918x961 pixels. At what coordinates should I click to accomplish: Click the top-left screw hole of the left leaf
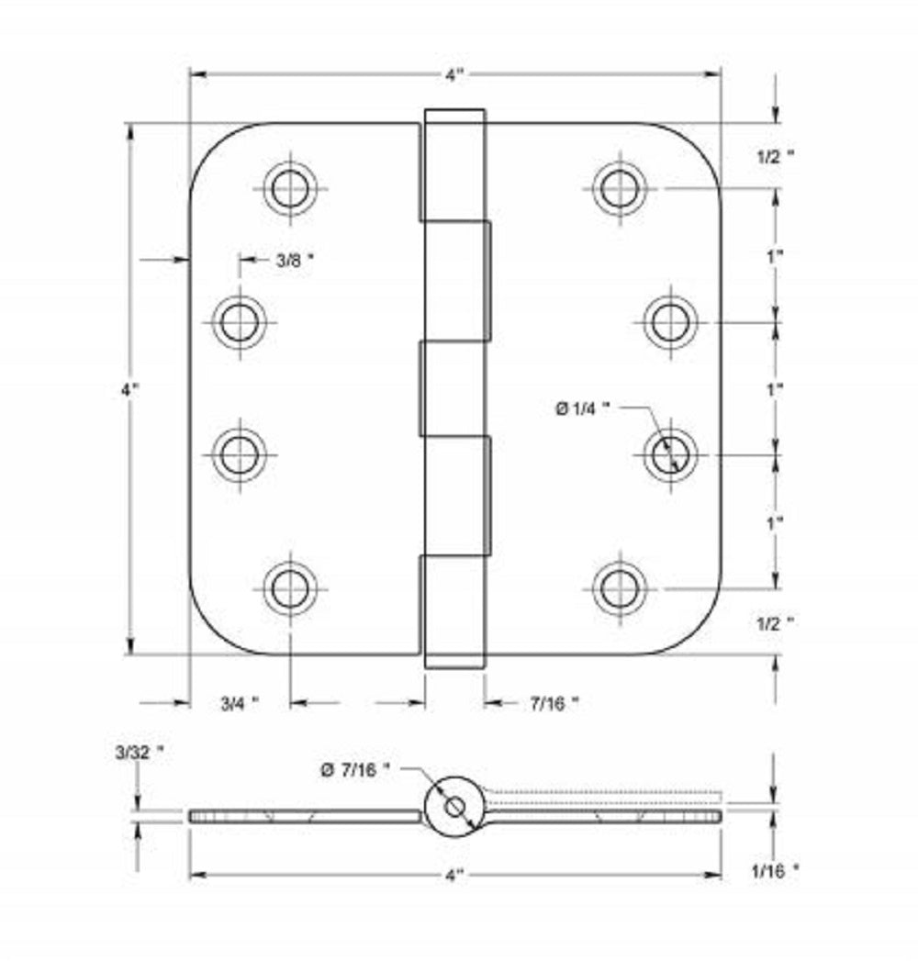[x=290, y=189]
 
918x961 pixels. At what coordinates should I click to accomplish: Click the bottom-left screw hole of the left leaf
[x=290, y=587]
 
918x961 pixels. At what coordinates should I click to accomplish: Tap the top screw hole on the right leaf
[x=619, y=188]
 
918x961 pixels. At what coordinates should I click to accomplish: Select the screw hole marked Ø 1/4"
[x=670, y=453]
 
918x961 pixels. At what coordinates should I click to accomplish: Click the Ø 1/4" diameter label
[x=582, y=410]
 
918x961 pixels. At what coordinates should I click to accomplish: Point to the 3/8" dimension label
[x=295, y=261]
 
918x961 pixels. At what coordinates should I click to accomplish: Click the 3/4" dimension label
[x=239, y=704]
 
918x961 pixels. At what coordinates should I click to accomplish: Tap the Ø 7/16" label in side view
[x=355, y=772]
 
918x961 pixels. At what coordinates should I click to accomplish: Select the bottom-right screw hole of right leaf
[x=619, y=587]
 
